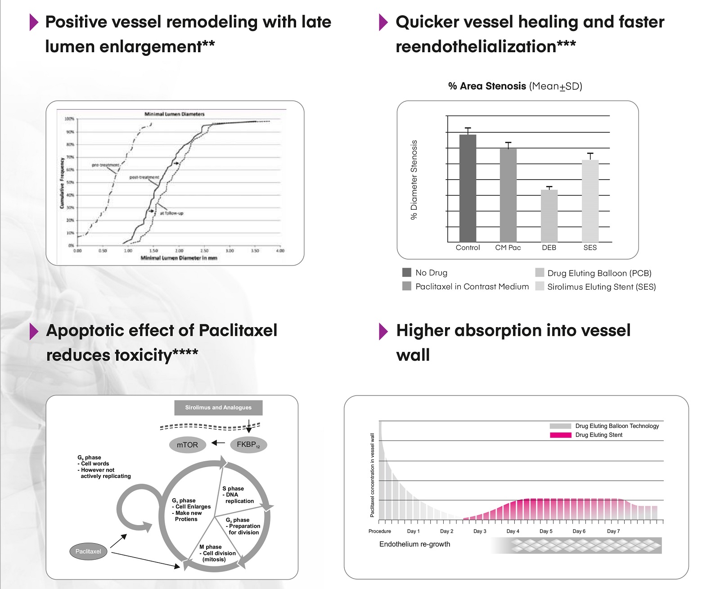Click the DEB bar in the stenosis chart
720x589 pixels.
coord(549,216)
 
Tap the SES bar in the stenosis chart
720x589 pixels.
coord(590,201)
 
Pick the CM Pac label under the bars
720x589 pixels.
coord(508,247)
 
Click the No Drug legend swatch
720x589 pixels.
coord(407,272)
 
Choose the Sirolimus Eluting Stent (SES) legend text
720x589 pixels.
coord(601,287)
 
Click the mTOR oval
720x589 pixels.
coord(187,445)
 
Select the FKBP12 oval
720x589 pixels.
coord(248,445)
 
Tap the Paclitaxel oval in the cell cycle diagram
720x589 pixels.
coord(88,551)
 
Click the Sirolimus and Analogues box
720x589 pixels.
coord(218,407)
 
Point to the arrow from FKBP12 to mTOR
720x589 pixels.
coord(218,443)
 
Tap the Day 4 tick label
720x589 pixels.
coord(513,531)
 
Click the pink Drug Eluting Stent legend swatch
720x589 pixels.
coord(560,435)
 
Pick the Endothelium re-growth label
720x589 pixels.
coord(414,544)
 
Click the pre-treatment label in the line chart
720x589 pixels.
coord(106,165)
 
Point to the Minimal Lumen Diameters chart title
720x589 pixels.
coord(175,114)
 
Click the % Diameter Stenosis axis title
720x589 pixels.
coord(414,180)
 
